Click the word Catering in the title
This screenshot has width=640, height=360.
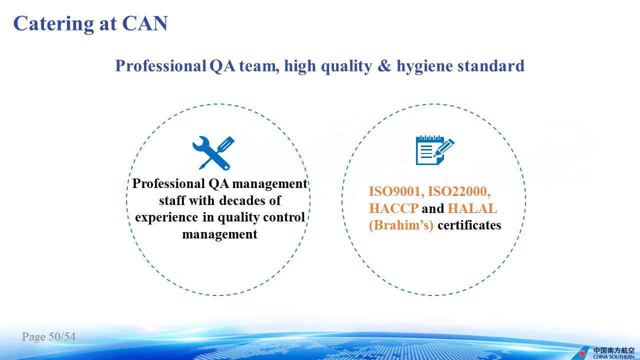pos(53,23)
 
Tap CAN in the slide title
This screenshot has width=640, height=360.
pos(145,23)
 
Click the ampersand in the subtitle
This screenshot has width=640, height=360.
pos(384,65)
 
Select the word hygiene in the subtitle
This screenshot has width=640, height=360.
pos(424,66)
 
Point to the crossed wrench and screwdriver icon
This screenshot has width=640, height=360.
pos(213,153)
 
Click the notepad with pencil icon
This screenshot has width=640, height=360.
pos(435,150)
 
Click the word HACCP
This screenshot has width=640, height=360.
pos(393,208)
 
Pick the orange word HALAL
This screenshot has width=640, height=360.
pos(472,208)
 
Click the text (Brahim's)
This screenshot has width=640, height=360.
pos(401,225)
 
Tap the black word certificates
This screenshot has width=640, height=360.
pos(469,225)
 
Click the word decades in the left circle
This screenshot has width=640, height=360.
pos(242,200)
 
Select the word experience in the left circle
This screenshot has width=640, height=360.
pos(166,217)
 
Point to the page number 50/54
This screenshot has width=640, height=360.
pos(62,336)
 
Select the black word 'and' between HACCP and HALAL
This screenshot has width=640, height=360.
pos(433,208)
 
